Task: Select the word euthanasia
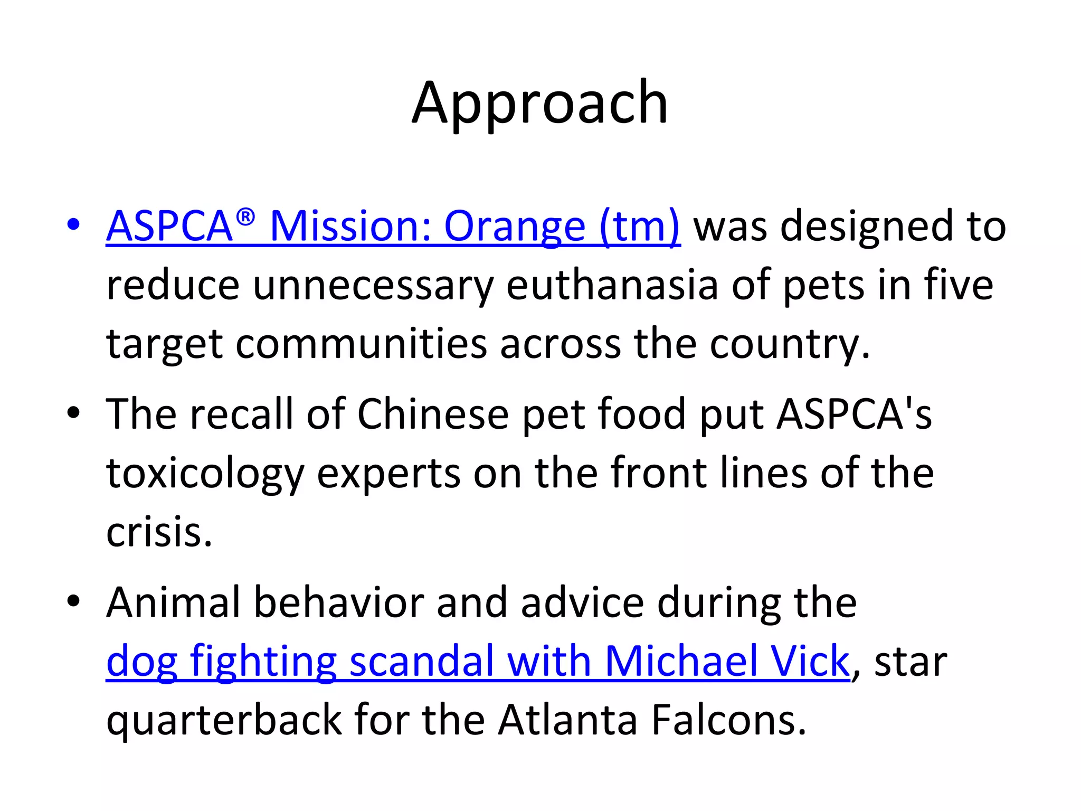pyautogui.click(x=612, y=286)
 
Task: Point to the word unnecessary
pyautogui.click(x=373, y=286)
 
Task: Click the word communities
pyautogui.click(x=361, y=345)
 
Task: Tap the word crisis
pyautogui.click(x=159, y=533)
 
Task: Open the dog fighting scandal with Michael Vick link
pyautogui.click(x=478, y=662)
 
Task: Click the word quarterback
pyautogui.click(x=224, y=721)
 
